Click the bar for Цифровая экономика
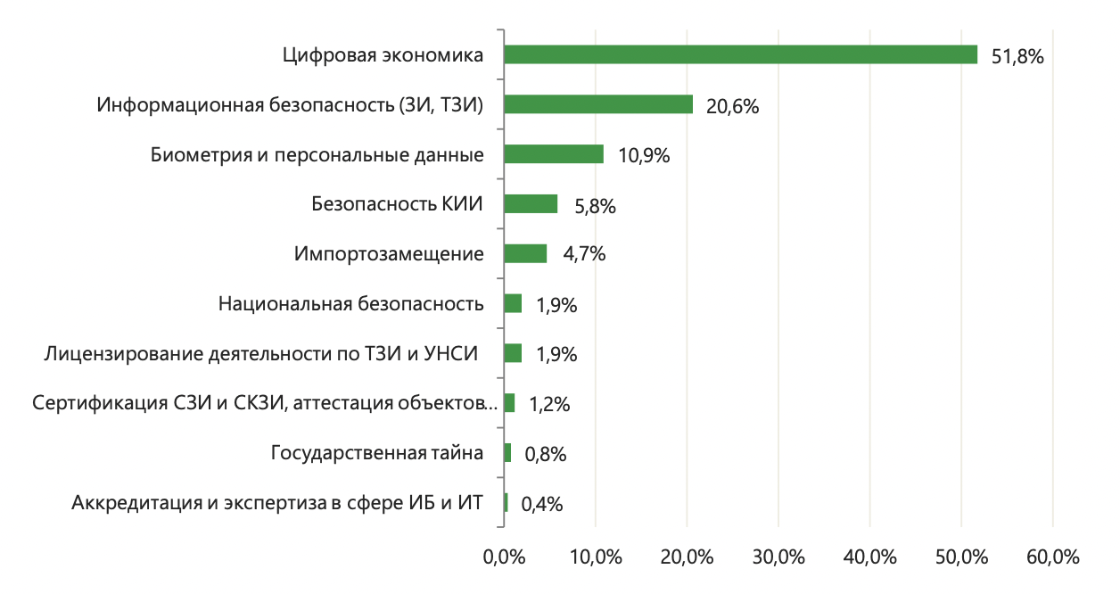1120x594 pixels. pyautogui.click(x=740, y=54)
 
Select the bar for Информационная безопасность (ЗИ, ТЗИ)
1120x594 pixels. pyautogui.click(x=598, y=104)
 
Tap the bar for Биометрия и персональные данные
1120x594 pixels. pyautogui.click(x=554, y=154)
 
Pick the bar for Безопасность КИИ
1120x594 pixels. pyautogui.click(x=531, y=204)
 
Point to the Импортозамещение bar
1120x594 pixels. pyautogui.click(x=525, y=254)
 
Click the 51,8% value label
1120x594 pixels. pyautogui.click(x=1017, y=56)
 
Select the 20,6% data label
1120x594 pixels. pyautogui.click(x=732, y=106)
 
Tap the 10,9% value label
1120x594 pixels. pyautogui.click(x=643, y=156)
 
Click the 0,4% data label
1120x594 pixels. pyautogui.click(x=541, y=504)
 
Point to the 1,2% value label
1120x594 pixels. pyautogui.click(x=548, y=404)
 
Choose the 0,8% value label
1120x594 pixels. pyautogui.click(x=545, y=454)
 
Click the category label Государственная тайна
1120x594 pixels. pyautogui.click(x=377, y=453)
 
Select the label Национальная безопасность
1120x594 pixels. pyautogui.click(x=350, y=304)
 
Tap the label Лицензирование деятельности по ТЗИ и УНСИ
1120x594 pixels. pyautogui.click(x=260, y=354)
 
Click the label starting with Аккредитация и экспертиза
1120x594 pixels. pyautogui.click(x=277, y=503)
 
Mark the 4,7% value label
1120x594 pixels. pyautogui.click(x=584, y=254)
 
